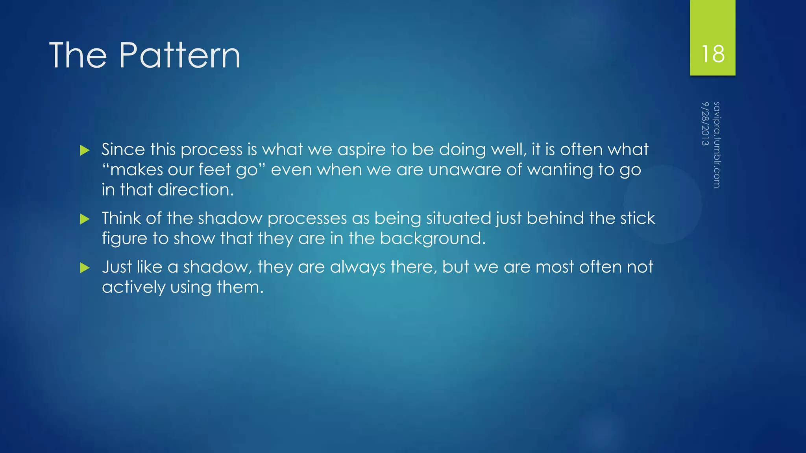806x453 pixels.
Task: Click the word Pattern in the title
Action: (179, 55)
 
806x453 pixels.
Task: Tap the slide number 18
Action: (712, 54)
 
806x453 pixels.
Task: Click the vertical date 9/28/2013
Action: (705, 123)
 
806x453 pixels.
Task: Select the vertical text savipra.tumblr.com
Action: (717, 144)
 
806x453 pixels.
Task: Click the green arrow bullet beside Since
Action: (85, 150)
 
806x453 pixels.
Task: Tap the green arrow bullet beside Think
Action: (85, 219)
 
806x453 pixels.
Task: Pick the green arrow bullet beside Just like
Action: (85, 268)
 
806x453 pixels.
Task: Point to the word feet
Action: (214, 170)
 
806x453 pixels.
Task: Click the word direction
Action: (196, 190)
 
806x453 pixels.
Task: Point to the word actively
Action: (133, 287)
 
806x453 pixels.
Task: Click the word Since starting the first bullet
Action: (123, 150)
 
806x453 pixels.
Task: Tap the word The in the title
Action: (78, 55)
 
